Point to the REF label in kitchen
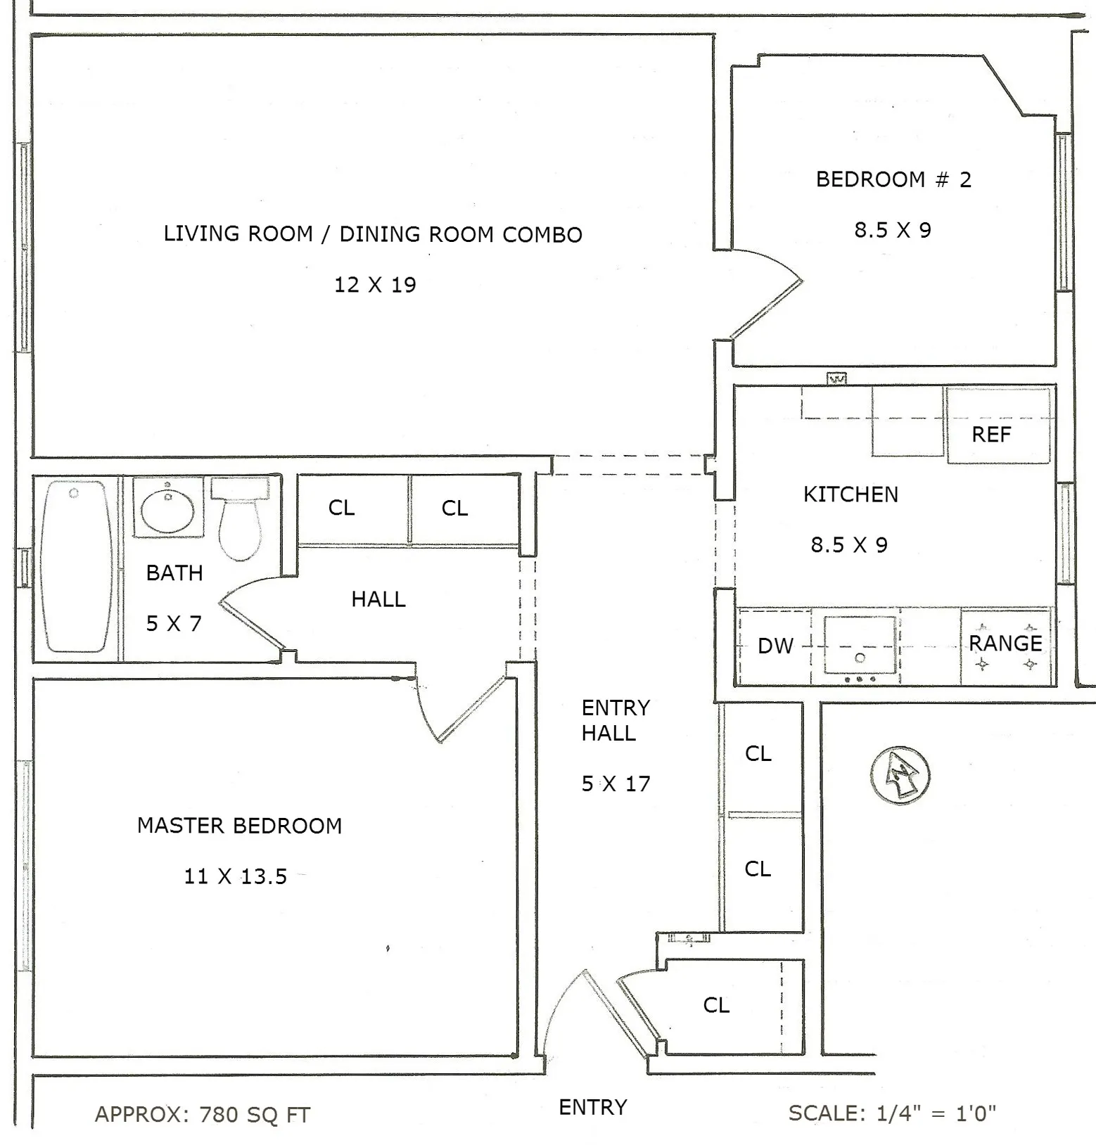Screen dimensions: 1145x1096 click(991, 435)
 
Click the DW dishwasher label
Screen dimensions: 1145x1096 click(775, 646)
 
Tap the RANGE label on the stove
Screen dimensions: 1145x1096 click(1005, 643)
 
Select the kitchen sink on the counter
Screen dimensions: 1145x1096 click(860, 644)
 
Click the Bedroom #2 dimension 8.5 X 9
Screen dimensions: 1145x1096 click(893, 230)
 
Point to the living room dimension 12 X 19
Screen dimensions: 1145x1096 click(375, 285)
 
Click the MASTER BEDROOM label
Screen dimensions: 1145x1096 click(239, 825)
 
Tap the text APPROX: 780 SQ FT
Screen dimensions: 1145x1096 click(203, 1114)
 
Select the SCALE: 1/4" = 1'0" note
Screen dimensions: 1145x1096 click(892, 1113)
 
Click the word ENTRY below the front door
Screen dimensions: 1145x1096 click(592, 1107)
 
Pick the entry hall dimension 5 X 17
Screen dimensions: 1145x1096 click(616, 783)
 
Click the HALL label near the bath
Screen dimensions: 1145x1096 click(378, 599)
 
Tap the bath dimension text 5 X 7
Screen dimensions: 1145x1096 click(174, 623)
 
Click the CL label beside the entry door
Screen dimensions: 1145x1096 click(716, 1005)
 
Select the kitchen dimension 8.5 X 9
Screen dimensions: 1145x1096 click(849, 545)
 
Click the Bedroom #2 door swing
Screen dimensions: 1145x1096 click(770, 295)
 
